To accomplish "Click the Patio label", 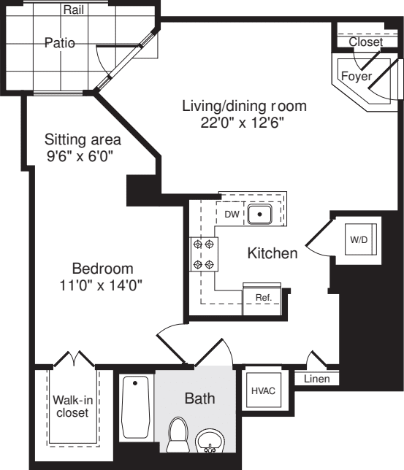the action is tap(60, 43).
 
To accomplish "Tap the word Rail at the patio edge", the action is tap(74, 10).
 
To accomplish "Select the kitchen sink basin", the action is tap(259, 215).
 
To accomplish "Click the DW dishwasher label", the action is tap(232, 215).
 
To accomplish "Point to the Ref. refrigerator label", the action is tap(264, 298).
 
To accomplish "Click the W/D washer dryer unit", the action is tap(360, 239).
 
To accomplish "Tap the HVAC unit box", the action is tap(263, 390).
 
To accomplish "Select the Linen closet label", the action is tap(316, 379).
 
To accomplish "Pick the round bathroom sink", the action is tap(210, 441).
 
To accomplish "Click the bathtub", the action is tap(135, 407).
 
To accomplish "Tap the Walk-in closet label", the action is tap(72, 407).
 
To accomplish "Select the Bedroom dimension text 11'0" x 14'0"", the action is tap(101, 285).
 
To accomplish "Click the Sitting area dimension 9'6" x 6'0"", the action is tap(80, 156).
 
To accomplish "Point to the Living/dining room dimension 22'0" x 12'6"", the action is tap(242, 123).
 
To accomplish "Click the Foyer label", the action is tap(357, 76).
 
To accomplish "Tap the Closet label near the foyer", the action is tap(365, 42).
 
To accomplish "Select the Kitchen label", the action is tap(272, 253).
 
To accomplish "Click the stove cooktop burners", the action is tap(204, 255).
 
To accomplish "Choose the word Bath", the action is tap(200, 398).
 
